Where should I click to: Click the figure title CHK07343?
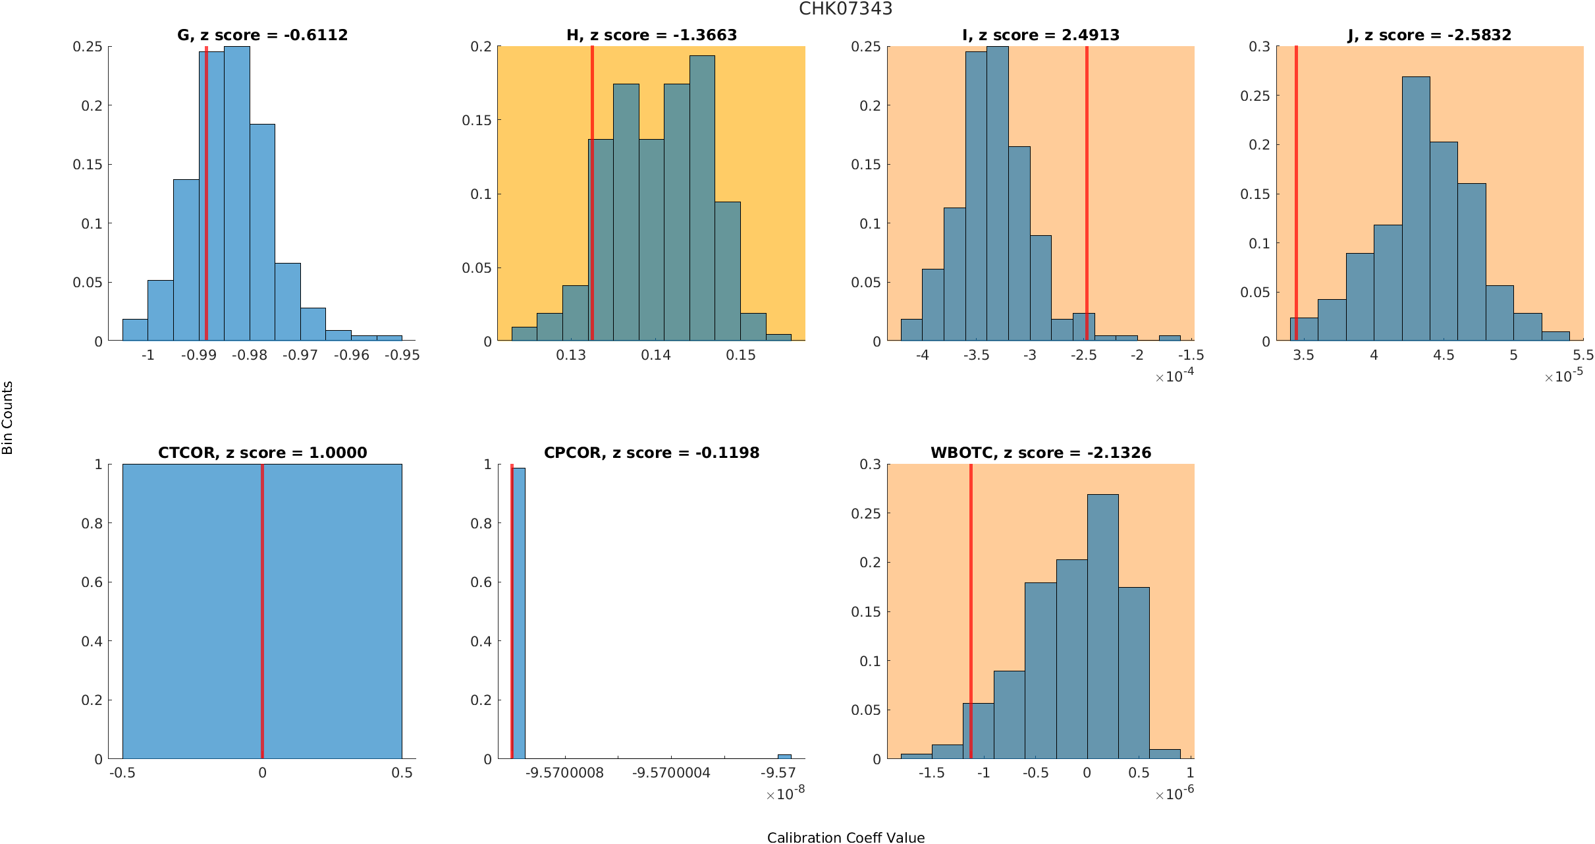click(x=845, y=9)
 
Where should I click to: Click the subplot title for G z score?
click(x=262, y=35)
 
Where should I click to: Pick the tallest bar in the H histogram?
click(x=702, y=198)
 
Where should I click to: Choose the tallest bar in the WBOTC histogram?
click(x=1102, y=626)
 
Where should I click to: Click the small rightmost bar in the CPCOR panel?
click(x=784, y=756)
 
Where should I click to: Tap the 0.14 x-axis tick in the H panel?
click(x=656, y=355)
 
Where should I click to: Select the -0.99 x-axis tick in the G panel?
click(x=199, y=355)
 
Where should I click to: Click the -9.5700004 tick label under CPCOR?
click(x=671, y=773)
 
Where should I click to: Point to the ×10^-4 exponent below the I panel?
click(x=1174, y=376)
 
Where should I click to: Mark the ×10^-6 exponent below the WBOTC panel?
click(x=1174, y=794)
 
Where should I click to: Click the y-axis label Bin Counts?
click(x=8, y=418)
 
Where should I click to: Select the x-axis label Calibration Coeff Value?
click(x=846, y=837)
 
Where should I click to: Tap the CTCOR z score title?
click(x=262, y=453)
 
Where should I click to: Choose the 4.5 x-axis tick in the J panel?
click(x=1443, y=355)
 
